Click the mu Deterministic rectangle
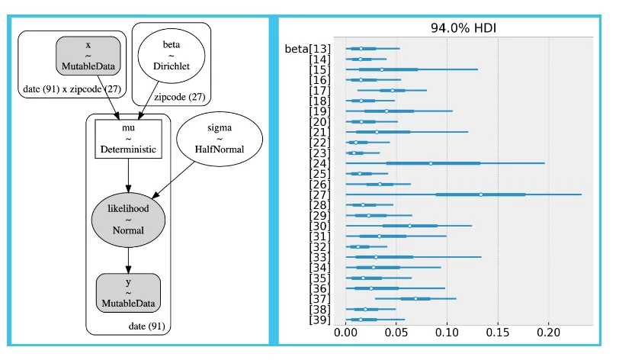(x=128, y=139)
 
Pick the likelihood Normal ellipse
(x=128, y=218)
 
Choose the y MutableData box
(x=128, y=292)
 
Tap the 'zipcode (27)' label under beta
(x=179, y=96)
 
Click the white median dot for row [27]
(x=481, y=194)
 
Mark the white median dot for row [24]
(x=431, y=163)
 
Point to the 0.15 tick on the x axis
(x=498, y=333)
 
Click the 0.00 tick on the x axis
(x=346, y=333)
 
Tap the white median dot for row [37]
(x=416, y=299)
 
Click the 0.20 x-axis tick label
(x=548, y=333)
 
